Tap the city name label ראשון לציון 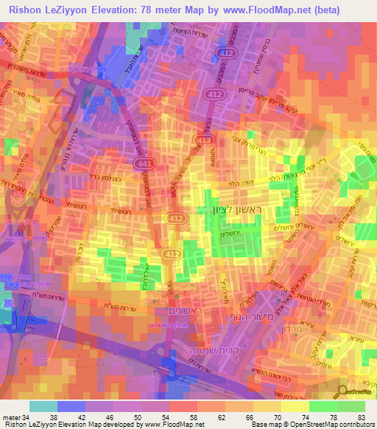point(229,212)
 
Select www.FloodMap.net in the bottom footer point(174,425)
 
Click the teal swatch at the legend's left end point(43,405)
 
